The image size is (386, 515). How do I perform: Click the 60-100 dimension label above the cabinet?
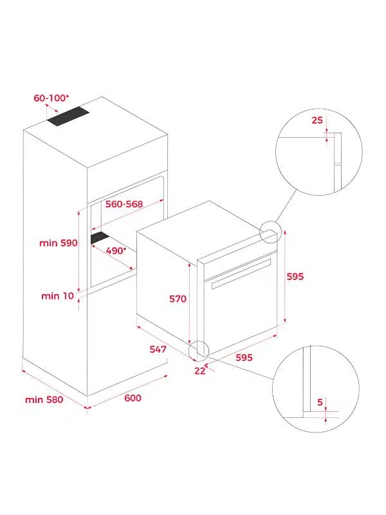coord(51,98)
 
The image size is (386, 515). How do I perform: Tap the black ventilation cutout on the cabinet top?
coord(68,117)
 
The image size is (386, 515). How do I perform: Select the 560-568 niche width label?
coord(124,204)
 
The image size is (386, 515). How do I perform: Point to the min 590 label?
coord(59,243)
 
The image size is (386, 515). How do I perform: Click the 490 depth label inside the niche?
coord(116,250)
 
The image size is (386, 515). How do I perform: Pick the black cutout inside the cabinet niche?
coord(100,238)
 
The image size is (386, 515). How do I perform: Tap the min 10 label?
coord(58,296)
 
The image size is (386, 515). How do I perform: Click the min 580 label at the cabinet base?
coord(44,400)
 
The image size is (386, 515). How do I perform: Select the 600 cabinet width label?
coord(133,398)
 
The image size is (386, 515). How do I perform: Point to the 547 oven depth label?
coord(158,349)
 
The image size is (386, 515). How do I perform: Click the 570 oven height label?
coord(178,299)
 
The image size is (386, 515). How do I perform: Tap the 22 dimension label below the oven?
coord(200,371)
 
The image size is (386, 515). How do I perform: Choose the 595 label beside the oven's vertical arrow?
coord(295,277)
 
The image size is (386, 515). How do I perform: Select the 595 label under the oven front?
coord(244,357)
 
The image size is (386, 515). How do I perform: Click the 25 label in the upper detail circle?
coord(317,120)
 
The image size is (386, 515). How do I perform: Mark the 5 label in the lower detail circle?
coord(320,402)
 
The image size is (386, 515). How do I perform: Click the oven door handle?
coord(241,274)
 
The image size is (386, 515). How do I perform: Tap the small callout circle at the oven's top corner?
coord(271,232)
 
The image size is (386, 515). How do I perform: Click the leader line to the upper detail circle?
coord(286,205)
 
